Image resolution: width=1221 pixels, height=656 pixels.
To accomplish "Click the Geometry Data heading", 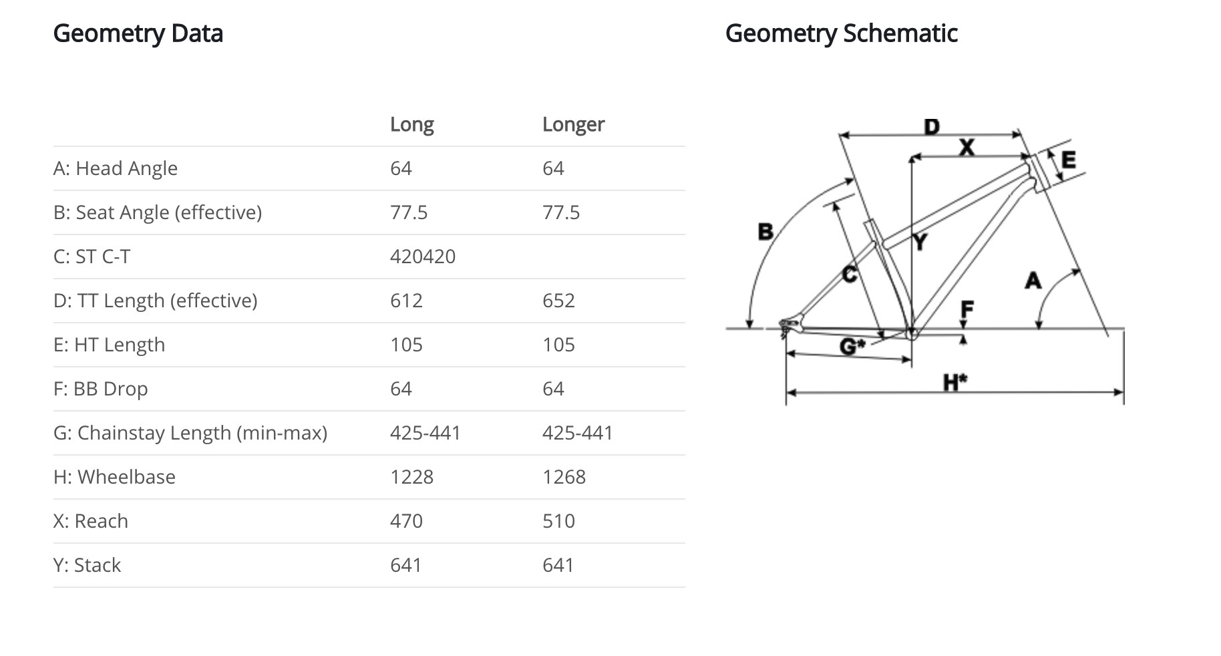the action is [x=138, y=33].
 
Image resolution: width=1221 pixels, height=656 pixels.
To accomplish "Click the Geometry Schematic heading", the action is [x=841, y=33].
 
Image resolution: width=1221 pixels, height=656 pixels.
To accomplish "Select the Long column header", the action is [x=411, y=124].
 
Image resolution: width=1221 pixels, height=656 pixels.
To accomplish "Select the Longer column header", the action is [x=573, y=124].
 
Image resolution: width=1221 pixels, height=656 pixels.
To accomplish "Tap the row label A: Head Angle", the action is [x=116, y=168].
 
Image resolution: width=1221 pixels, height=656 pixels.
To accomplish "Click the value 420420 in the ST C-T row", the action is [x=423, y=257].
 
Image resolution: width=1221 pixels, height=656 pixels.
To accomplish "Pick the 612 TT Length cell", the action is [x=406, y=301].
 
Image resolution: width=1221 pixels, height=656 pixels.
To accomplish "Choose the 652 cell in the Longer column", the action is [x=558, y=301].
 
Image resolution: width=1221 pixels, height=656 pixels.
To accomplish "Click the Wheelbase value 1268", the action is [x=564, y=477].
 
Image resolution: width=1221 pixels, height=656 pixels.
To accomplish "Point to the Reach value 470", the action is [x=406, y=521].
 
